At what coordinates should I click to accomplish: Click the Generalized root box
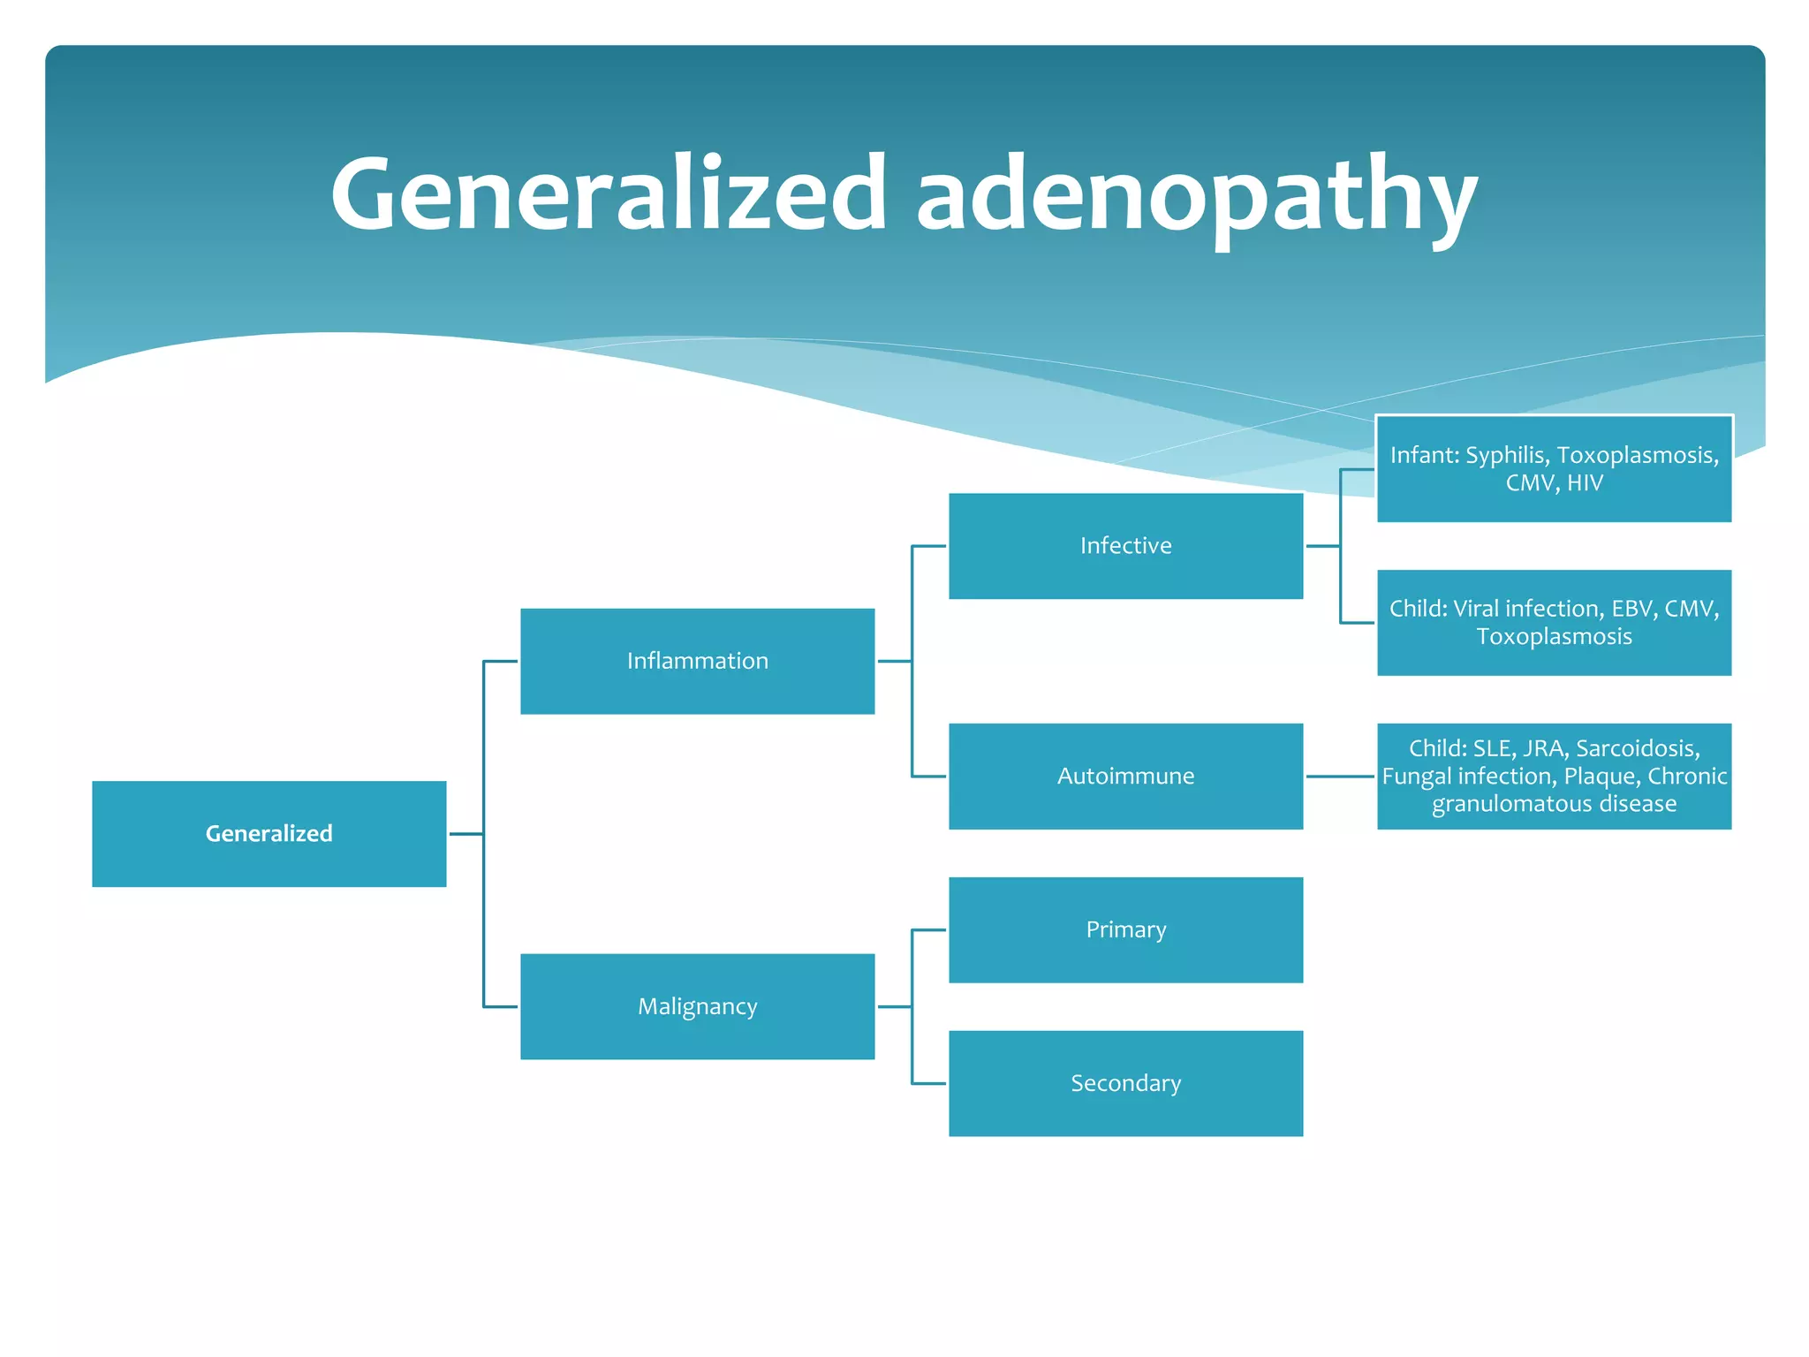pyautogui.click(x=269, y=833)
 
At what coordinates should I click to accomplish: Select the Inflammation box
pyautogui.click(x=697, y=661)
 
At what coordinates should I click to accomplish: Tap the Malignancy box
pyautogui.click(x=697, y=1006)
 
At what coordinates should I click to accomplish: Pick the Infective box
pyautogui.click(x=1125, y=546)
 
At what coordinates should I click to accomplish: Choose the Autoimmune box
pyautogui.click(x=1125, y=776)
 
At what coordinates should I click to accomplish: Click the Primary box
pyautogui.click(x=1125, y=929)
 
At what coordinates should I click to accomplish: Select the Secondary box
pyautogui.click(x=1125, y=1083)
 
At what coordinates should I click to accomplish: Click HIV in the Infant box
pyautogui.click(x=1585, y=483)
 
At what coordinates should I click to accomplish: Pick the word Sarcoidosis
pyautogui.click(x=1638, y=748)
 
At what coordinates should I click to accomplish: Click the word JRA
pyautogui.click(x=1544, y=748)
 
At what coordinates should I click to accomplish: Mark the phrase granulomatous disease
pyautogui.click(x=1554, y=804)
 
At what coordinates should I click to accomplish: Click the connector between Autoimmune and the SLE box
pyautogui.click(x=1340, y=776)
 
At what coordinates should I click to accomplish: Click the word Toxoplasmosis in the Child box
pyautogui.click(x=1554, y=637)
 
